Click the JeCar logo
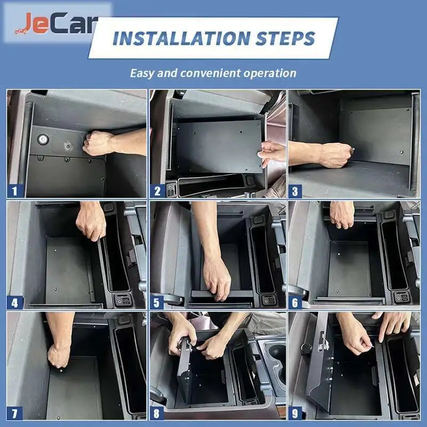[56, 23]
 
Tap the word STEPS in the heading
[286, 38]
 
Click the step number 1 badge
[15, 191]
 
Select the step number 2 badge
[157, 191]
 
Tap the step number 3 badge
[295, 191]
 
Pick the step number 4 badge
[15, 303]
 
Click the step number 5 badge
[157, 303]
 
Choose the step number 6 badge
[295, 303]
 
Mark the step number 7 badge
[15, 414]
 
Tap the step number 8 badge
[156, 414]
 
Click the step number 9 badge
[295, 414]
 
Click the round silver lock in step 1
[43, 139]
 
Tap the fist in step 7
[58, 355]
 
